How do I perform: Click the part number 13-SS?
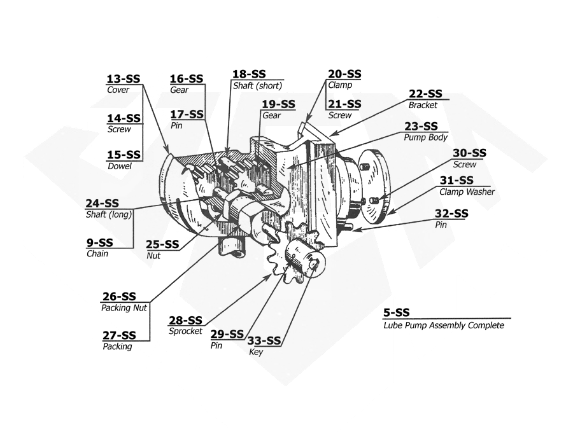pos(123,79)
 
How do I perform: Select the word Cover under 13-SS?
pos(118,90)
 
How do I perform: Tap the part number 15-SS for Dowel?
pos(124,155)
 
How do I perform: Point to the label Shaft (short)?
pos(257,86)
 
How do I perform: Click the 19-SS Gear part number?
pos(279,104)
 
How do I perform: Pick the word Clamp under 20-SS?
pos(340,85)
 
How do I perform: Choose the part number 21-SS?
pos(344,104)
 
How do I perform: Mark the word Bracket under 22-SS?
pos(423,106)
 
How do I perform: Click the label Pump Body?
pos(426,137)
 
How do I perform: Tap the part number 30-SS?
pos(469,153)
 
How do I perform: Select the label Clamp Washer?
pos(467,192)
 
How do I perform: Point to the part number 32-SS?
pos(451,214)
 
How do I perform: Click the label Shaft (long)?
pos(109,214)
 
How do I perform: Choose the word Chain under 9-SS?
pos(97,254)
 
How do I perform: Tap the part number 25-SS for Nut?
pos(162,244)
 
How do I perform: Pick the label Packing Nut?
pos(124,308)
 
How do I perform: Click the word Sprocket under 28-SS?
pos(185,331)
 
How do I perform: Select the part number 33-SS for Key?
pos(264,340)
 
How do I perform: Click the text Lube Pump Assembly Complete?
pos(443,326)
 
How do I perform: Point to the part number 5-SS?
pos(397,312)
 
